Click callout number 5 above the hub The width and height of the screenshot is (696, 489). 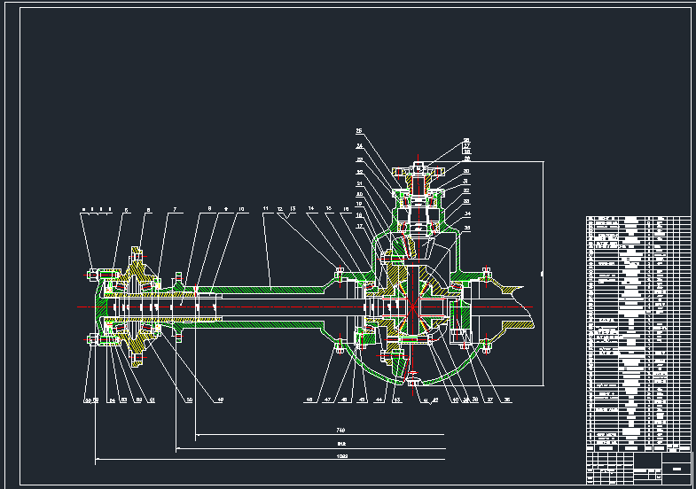[127, 211]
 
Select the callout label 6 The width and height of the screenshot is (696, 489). [149, 211]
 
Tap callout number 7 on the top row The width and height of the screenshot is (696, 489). [175, 210]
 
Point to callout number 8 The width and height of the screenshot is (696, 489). [209, 209]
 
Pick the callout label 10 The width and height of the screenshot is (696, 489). [241, 209]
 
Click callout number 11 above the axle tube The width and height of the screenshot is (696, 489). [265, 209]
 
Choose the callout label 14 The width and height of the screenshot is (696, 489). [311, 209]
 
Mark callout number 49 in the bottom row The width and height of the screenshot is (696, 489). [221, 400]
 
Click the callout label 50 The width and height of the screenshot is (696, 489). [189, 400]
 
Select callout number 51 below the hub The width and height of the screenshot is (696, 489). [152, 400]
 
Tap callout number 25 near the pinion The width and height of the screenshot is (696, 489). [359, 131]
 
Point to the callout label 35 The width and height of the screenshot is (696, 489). [467, 228]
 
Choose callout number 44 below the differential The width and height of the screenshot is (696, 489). [379, 400]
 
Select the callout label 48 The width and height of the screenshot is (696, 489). [309, 400]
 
